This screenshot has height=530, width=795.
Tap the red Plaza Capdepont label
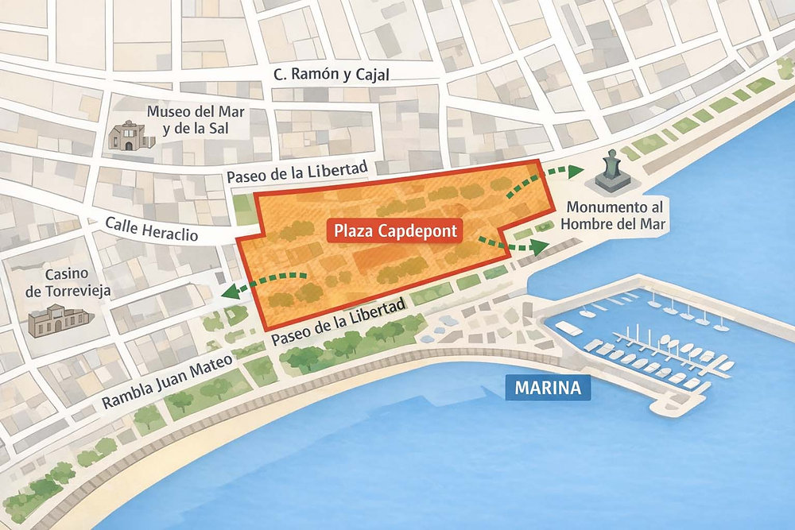pyautogui.click(x=395, y=231)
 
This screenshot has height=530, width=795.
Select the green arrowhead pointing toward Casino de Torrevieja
pyautogui.click(x=231, y=292)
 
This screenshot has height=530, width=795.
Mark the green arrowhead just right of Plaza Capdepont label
pyautogui.click(x=541, y=246)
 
